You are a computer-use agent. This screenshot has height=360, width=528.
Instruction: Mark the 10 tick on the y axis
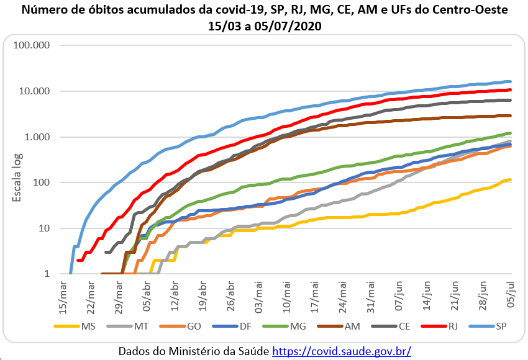pyautogui.click(x=45, y=228)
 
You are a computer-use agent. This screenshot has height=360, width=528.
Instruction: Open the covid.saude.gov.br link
pyautogui.click(x=342, y=351)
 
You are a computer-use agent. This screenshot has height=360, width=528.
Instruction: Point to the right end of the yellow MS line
pyautogui.click(x=510, y=180)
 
